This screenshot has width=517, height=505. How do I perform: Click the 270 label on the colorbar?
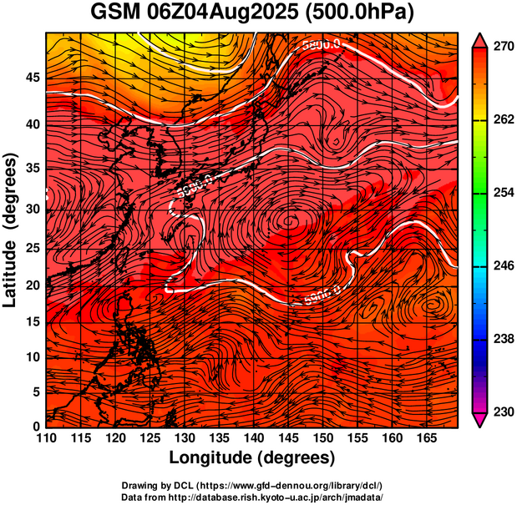tap(501, 47)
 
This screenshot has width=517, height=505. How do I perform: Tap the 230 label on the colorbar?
tap(501, 412)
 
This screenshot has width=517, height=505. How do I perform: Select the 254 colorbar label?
tap(501, 193)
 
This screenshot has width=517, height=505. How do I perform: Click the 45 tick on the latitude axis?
tap(31, 78)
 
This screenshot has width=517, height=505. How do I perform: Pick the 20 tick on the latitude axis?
tap(31, 285)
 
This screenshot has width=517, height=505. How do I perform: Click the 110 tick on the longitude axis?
tap(46, 438)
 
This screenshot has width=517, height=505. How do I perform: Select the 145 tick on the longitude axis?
tap(289, 438)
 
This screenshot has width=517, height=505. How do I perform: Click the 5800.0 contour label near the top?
tap(322, 43)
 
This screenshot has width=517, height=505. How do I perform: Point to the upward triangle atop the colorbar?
tap(480, 38)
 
